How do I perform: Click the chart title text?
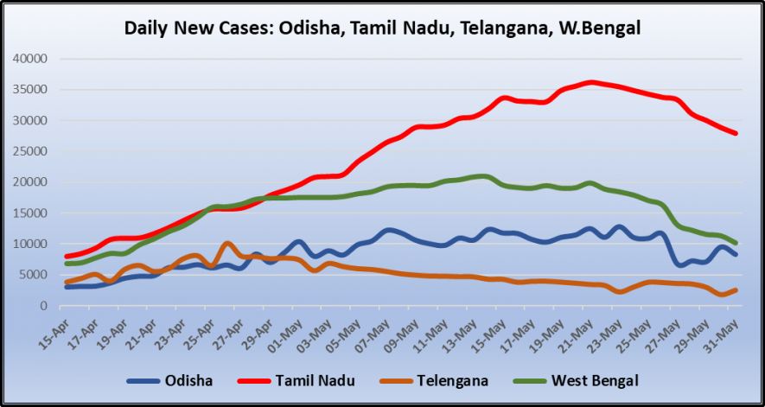point(382,28)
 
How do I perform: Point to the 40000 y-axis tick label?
point(29,59)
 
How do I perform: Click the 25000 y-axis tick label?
point(29,151)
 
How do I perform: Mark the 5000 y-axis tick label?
point(33,275)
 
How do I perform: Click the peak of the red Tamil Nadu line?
point(591,82)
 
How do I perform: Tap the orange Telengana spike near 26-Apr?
point(227,244)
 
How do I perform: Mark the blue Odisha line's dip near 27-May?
point(682,264)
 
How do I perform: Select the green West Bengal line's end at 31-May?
point(736,243)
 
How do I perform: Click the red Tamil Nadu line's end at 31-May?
point(736,133)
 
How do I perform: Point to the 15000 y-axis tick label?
point(29,213)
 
